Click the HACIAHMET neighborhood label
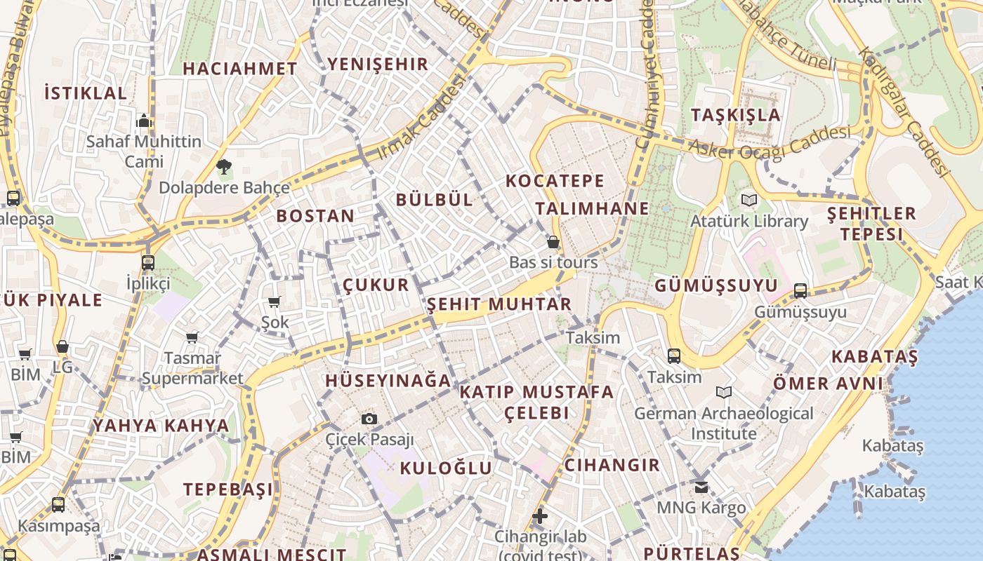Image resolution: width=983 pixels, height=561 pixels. (240, 69)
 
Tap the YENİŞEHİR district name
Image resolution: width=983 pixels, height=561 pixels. (378, 65)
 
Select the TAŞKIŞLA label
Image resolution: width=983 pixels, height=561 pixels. (736, 115)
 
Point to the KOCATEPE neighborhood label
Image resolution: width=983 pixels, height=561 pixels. (555, 181)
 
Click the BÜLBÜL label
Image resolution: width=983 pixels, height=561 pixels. (435, 199)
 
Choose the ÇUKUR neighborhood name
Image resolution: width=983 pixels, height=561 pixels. (376, 285)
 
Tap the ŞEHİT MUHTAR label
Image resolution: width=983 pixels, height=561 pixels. (499, 304)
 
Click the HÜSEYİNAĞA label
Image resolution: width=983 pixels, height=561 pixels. (388, 381)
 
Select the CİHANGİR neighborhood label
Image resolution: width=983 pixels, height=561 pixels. (612, 465)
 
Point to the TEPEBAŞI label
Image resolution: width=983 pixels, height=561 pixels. (228, 489)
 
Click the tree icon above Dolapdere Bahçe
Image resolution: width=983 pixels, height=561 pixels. (224, 167)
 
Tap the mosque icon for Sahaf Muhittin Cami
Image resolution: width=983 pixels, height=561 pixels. (144, 121)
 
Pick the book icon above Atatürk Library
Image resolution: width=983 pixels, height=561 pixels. (749, 201)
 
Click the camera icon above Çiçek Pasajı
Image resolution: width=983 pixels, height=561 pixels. (369, 419)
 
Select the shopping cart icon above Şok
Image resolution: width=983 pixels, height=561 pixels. (275, 302)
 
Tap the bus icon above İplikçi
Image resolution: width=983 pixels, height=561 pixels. (147, 263)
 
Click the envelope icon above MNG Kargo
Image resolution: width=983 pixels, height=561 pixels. (701, 487)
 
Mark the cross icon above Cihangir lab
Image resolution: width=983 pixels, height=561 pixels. (539, 517)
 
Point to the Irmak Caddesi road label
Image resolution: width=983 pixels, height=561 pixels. (421, 117)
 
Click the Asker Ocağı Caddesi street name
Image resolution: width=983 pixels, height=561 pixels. (770, 142)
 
